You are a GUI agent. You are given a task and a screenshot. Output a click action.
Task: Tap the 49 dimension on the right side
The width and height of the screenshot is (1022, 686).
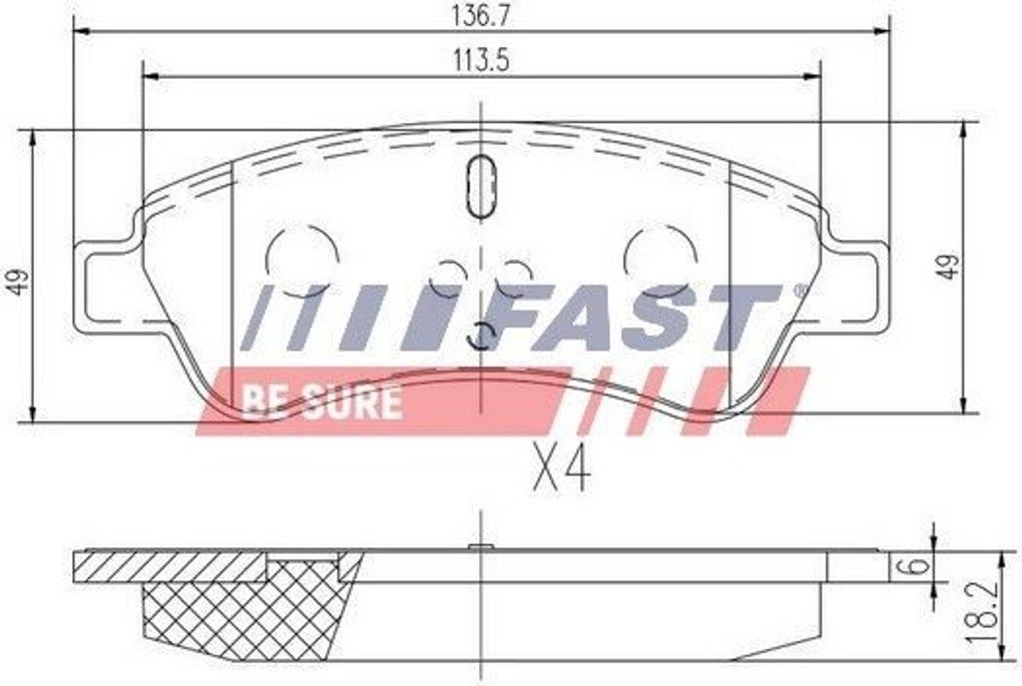[x=948, y=267]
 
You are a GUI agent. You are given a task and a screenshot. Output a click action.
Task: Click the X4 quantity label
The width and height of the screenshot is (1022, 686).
[x=561, y=467]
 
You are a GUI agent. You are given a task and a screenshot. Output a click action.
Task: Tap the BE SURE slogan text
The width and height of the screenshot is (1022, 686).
[x=320, y=401]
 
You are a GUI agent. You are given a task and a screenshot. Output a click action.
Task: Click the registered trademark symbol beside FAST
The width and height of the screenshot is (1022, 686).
[x=797, y=291]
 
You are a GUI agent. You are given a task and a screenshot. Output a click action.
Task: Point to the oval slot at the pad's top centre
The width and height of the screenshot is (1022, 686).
[x=482, y=186]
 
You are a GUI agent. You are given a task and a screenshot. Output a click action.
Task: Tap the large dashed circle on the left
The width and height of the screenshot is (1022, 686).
[x=300, y=258]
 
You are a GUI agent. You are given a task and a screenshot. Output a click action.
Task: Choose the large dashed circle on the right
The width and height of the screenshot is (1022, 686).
[x=660, y=258]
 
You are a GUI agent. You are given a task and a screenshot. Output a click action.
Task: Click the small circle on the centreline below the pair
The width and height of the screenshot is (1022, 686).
[x=482, y=337]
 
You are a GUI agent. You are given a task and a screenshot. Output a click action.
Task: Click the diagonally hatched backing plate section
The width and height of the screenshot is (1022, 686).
[x=170, y=565]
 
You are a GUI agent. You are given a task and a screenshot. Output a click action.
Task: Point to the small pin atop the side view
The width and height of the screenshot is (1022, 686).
[x=482, y=546]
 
